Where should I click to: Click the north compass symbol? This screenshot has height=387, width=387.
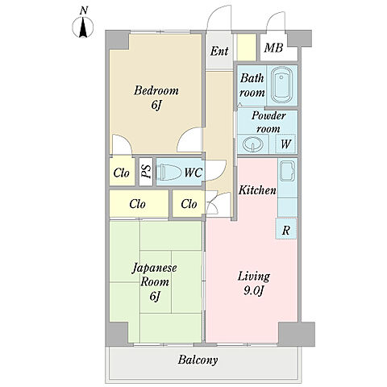coord(83,27)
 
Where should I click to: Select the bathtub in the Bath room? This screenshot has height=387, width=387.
coord(282,85)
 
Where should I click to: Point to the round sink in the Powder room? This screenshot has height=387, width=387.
coord(252,144)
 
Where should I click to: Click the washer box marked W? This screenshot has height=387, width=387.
coord(285,144)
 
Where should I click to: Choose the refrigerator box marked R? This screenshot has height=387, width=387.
coord(286,229)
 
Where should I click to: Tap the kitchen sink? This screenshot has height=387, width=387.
coord(287,171)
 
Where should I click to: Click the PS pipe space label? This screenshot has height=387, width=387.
coord(146,172)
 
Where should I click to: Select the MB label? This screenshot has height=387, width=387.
coord(273,48)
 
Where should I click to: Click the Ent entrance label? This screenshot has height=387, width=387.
coord(219,51)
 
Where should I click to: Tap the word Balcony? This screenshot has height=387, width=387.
coord(198,360)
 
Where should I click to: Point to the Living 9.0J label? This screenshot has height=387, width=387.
coord(253,283)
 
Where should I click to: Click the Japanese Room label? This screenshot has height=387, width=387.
coord(155,282)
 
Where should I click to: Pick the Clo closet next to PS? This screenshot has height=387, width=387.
coord(122,173)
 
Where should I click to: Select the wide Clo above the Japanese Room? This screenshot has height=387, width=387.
coord(139,204)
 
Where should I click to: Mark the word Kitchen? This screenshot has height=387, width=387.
coord(257,190)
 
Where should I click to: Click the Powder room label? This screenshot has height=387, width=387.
coord(268,123)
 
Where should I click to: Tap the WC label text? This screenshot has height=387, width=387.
coord(193,173)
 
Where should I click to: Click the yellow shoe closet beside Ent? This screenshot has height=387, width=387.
coord(247,48)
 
